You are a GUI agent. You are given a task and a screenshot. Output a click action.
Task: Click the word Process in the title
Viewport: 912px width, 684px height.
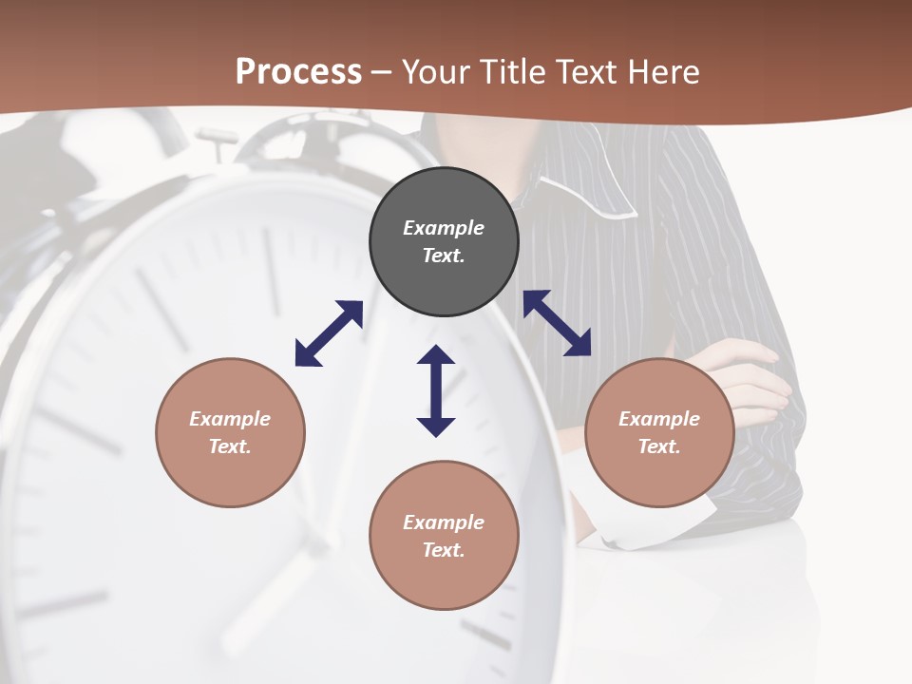coord(298,72)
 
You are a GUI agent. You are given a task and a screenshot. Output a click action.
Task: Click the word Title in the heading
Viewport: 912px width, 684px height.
coord(513,72)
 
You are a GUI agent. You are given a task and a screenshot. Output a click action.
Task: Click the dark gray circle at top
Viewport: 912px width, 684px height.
coord(444,242)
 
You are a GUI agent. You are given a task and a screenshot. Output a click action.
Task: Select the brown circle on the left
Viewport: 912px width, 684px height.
coord(230,432)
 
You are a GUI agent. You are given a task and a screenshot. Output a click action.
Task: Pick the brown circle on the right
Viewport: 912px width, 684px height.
coord(659,432)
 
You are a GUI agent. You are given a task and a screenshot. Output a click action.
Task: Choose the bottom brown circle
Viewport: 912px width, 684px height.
coord(444,536)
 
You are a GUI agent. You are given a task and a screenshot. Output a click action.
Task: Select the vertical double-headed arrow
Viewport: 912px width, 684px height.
coord(436,390)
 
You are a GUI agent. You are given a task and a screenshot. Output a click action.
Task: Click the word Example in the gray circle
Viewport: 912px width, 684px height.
coord(444,228)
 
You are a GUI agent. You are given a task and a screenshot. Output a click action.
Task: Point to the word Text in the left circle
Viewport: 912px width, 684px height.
coord(230,446)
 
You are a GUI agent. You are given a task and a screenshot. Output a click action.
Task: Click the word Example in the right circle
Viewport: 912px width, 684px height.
coord(659,419)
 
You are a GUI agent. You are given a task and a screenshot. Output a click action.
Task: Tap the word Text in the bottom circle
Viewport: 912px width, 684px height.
coord(444,550)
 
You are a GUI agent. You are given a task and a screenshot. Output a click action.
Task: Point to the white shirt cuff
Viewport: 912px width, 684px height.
coord(655,522)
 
